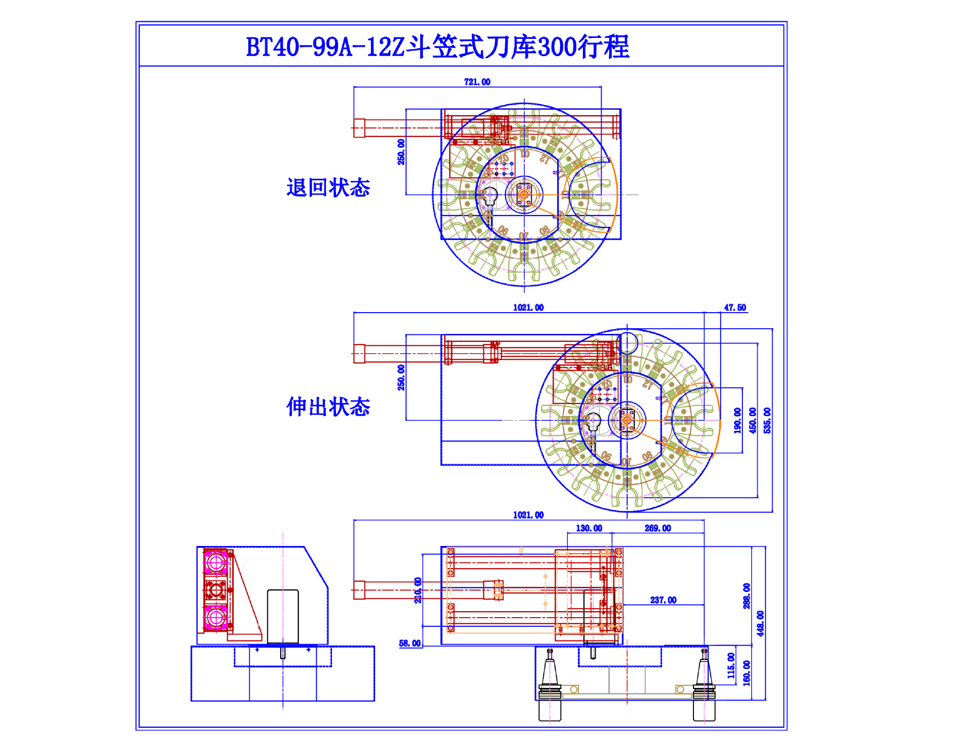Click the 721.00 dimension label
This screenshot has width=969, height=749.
[x=477, y=82]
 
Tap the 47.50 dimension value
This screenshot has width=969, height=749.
[x=734, y=308]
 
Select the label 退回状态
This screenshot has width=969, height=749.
[x=328, y=187]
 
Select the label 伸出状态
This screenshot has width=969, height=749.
[x=328, y=407]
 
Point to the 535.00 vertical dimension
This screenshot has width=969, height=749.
[x=767, y=420]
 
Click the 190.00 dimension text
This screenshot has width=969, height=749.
[x=737, y=420]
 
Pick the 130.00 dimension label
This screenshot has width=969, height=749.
[x=588, y=528]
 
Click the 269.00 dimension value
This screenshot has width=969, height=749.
[x=657, y=528]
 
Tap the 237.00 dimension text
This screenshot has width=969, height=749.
[x=663, y=600]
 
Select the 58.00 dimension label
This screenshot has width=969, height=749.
[x=409, y=643]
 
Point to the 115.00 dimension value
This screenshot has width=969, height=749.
[x=731, y=665]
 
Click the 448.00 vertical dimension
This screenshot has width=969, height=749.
[x=760, y=623]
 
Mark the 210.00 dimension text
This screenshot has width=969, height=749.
[x=418, y=590]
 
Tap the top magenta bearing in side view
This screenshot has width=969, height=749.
[x=216, y=562]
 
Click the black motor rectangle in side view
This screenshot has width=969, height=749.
[x=283, y=617]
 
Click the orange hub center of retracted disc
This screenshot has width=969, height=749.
[x=524, y=194]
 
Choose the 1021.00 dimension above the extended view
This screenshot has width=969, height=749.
[x=528, y=308]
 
